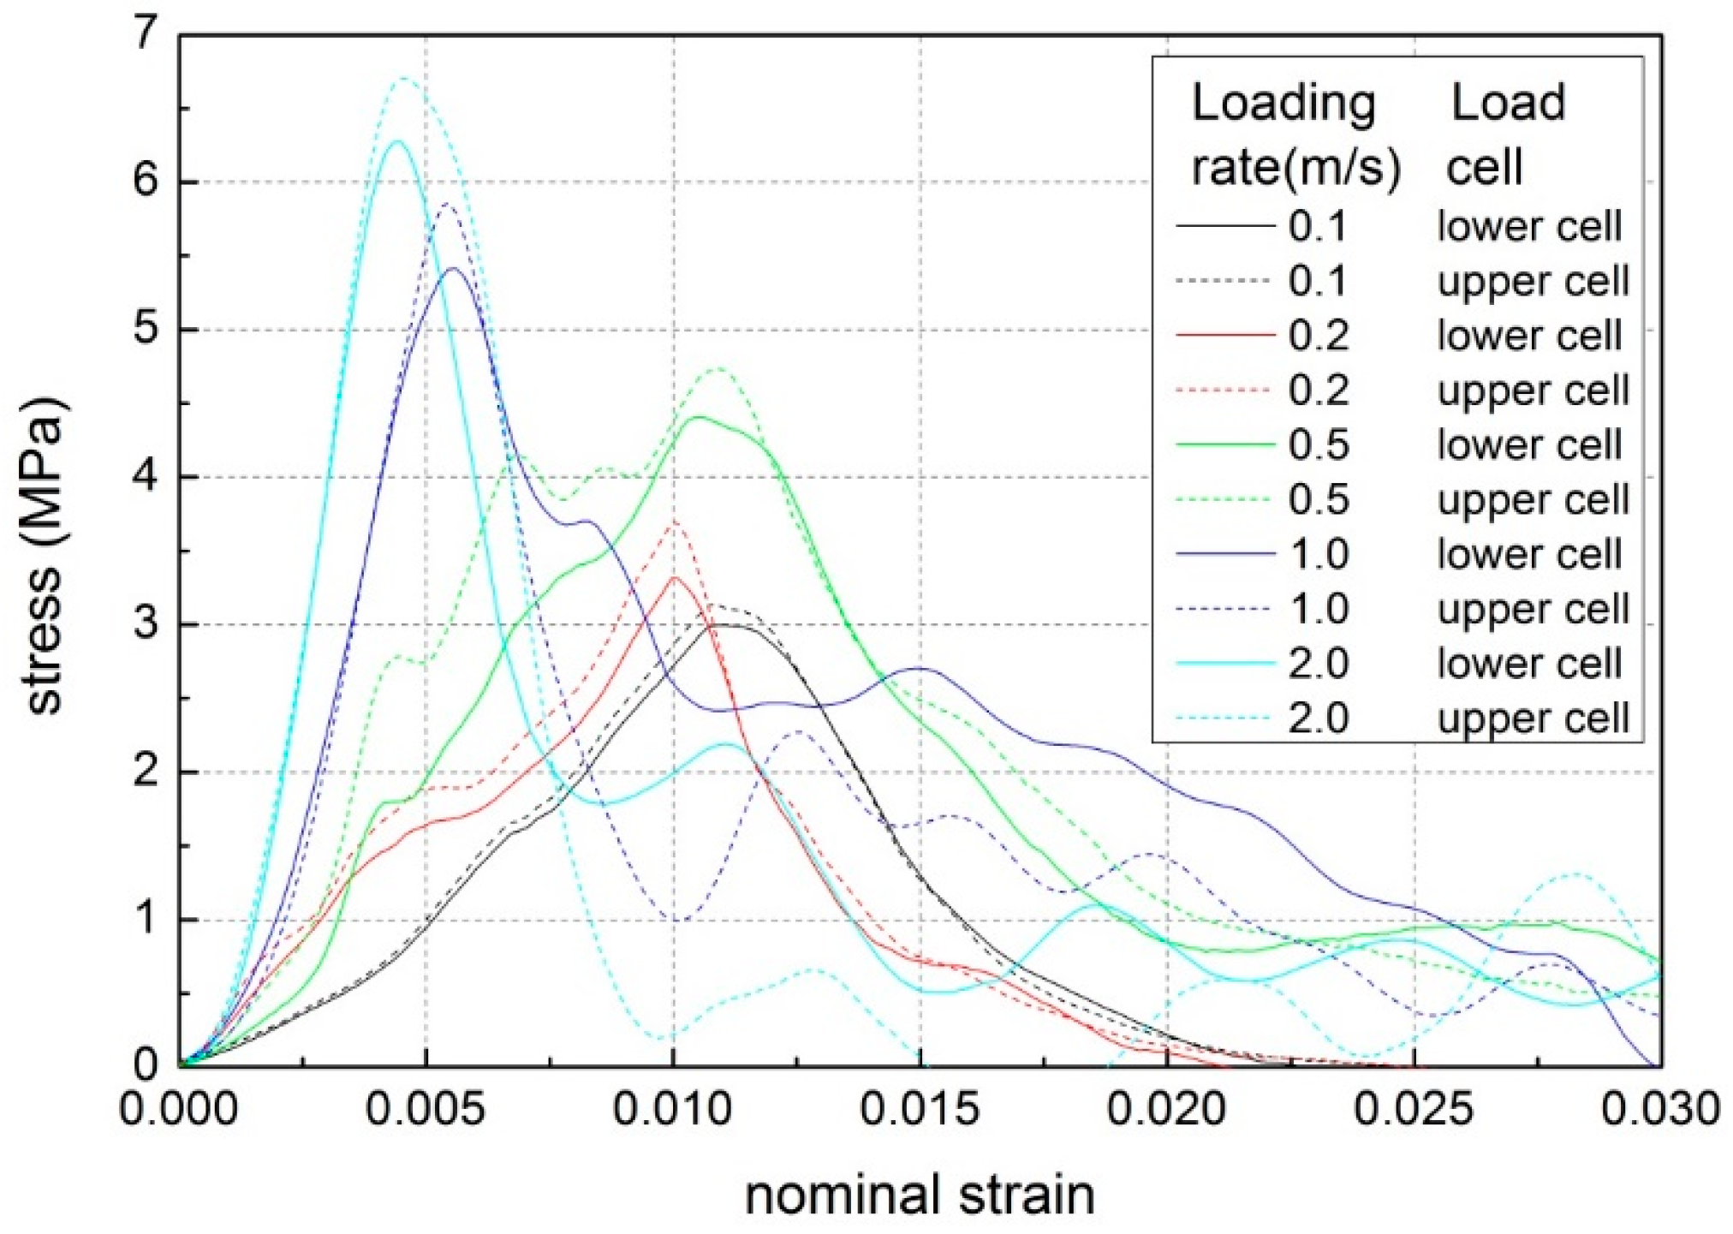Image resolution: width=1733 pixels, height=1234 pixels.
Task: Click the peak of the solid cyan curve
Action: pyautogui.click(x=396, y=142)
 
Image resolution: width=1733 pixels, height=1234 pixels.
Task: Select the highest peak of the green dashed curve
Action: pyautogui.click(x=719, y=369)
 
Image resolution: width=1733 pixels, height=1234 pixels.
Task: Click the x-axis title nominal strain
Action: pyautogui.click(x=920, y=1195)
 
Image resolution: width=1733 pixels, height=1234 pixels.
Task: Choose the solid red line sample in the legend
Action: pyautogui.click(x=1224, y=335)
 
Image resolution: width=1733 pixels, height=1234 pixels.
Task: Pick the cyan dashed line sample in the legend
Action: pyautogui.click(x=1224, y=718)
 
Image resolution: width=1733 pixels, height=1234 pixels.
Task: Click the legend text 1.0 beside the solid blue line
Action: pyautogui.click(x=1319, y=555)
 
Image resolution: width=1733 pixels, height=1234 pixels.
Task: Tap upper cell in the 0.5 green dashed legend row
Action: pyautogui.click(x=1533, y=500)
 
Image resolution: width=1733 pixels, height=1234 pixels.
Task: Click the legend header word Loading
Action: pyautogui.click(x=1283, y=104)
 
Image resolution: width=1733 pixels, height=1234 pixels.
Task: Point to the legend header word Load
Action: pyautogui.click(x=1508, y=104)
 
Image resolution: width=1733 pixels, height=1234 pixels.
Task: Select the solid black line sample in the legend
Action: pyautogui.click(x=1224, y=226)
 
